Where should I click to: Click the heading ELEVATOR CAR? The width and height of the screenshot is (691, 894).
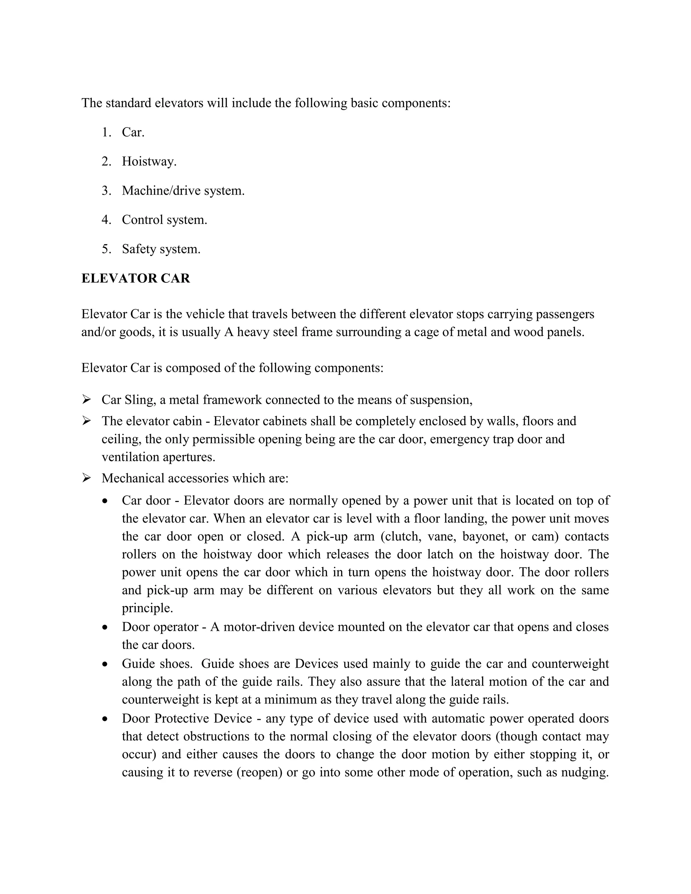coord(136,278)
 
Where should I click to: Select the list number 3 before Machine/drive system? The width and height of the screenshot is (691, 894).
coord(106,191)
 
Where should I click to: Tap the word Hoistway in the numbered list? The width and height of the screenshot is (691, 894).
coord(148,161)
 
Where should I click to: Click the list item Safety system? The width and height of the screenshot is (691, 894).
coord(161,249)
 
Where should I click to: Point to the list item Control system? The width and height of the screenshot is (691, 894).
coord(164,220)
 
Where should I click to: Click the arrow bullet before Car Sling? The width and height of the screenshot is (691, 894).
coord(86,399)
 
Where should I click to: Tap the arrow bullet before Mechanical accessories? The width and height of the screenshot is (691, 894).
coord(86,478)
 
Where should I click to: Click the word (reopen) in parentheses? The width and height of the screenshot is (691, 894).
coord(259,773)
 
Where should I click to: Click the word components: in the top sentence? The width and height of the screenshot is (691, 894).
coord(416,103)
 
